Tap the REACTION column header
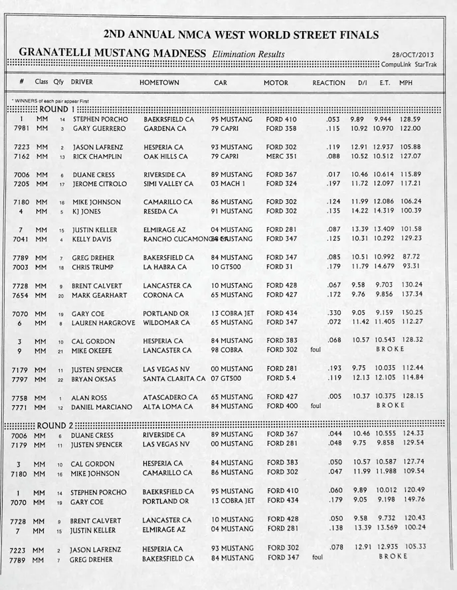point(329,83)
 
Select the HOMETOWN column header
point(159,83)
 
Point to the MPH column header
point(406,83)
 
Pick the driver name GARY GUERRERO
point(99,128)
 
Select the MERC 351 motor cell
point(282,157)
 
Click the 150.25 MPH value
point(411,313)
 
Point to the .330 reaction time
point(332,313)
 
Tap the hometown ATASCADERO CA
point(170,397)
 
